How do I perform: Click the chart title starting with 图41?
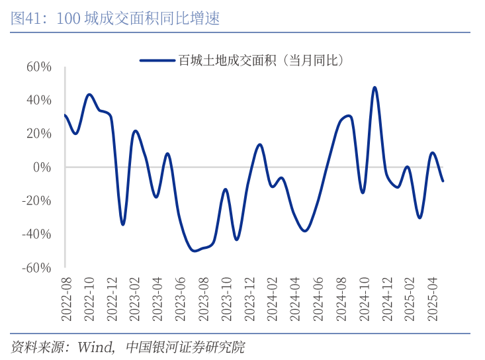(115, 19)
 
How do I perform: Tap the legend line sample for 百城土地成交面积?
(157, 60)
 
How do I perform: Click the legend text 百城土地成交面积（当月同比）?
(260, 60)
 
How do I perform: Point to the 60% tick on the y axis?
(39, 67)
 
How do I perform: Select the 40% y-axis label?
(39, 100)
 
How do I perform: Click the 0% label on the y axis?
(42, 167)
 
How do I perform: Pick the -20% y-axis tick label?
(36, 201)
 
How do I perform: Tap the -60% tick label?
(36, 267)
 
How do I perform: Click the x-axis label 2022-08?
(66, 300)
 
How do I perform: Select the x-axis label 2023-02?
(134, 300)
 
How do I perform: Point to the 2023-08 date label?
(202, 300)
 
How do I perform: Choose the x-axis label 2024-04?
(294, 300)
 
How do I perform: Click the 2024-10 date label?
(362, 300)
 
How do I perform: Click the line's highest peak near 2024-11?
(375, 87)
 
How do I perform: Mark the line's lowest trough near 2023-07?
(194, 250)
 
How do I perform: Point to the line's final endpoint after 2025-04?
(443, 181)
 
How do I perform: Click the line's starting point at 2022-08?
(65, 115)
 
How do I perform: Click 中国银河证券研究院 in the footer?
(185, 347)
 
